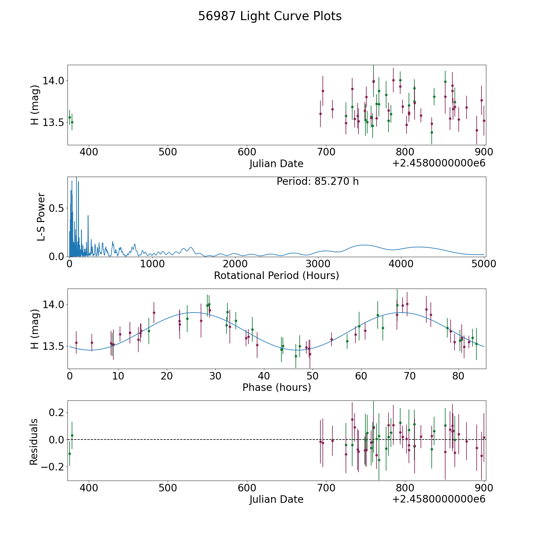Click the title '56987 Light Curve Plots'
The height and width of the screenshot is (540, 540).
pyautogui.click(x=270, y=16)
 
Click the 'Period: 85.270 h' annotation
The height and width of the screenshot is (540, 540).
pyautogui.click(x=317, y=181)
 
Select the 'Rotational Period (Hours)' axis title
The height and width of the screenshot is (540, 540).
pyautogui.click(x=276, y=275)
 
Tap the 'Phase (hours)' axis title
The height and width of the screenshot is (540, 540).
pyautogui.click(x=276, y=387)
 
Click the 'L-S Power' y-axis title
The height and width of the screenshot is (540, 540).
pyautogui.click(x=41, y=217)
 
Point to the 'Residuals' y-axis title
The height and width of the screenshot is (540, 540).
pyautogui.click(x=34, y=442)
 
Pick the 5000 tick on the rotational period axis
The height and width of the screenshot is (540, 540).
pyautogui.click(x=484, y=264)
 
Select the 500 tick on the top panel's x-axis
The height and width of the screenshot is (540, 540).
pyautogui.click(x=168, y=152)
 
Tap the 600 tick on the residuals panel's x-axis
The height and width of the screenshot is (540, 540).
pyautogui.click(x=247, y=488)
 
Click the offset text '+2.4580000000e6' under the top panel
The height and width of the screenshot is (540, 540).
pyautogui.click(x=439, y=163)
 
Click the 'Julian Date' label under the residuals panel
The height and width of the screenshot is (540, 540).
pyautogui.click(x=276, y=499)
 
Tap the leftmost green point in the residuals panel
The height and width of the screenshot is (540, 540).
pyautogui.click(x=70, y=454)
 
